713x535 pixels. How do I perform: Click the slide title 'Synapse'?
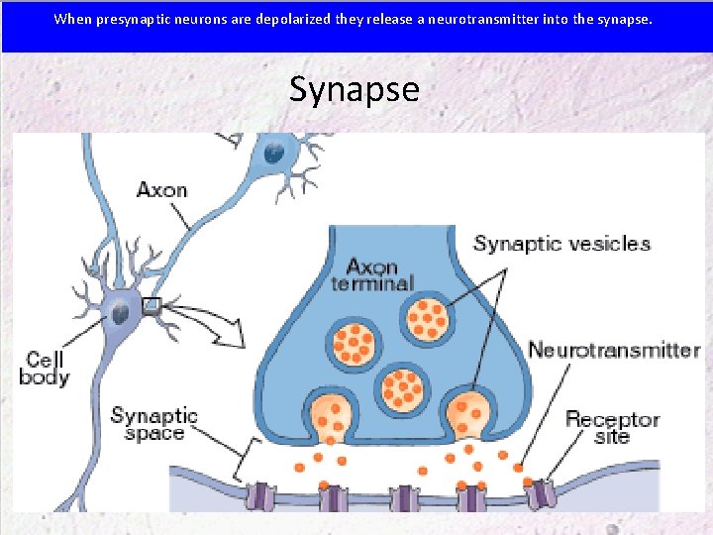click(355, 90)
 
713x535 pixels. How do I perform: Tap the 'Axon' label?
click(161, 188)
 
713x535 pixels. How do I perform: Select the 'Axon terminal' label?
click(378, 275)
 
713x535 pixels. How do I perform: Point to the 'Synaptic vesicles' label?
click(561, 244)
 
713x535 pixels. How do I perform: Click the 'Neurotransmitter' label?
click(614, 350)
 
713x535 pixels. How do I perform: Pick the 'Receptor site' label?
click(612, 427)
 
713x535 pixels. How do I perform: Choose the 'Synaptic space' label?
click(154, 424)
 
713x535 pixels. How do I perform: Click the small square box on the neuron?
click(151, 307)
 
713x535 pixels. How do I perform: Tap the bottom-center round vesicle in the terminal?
click(401, 386)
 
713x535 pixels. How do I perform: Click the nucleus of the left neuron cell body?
click(120, 314)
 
